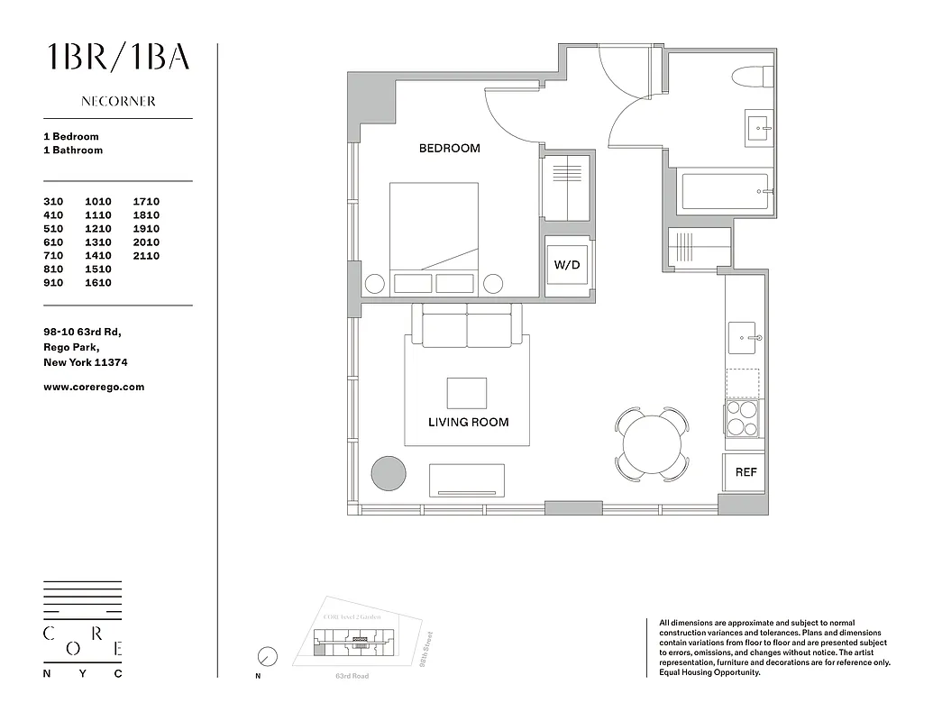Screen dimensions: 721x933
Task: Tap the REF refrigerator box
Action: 745,471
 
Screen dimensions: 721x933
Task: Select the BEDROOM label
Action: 449,148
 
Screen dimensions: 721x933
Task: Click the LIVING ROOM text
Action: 468,422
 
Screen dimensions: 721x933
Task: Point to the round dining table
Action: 652,442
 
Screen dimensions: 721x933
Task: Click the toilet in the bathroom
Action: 753,78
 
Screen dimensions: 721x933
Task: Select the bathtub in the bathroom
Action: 724,192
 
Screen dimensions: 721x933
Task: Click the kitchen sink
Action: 746,338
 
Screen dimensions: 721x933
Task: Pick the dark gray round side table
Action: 389,472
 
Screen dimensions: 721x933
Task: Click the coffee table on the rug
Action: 466,393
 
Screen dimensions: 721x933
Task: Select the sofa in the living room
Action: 467,326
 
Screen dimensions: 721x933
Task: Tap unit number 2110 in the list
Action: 146,256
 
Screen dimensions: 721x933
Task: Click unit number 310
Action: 55,202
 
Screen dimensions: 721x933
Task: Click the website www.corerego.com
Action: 94,387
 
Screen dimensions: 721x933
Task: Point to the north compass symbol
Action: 267,656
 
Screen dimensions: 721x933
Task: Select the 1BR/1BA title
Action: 118,57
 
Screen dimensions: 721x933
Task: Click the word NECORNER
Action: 118,102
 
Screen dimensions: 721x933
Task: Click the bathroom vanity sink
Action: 758,128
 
